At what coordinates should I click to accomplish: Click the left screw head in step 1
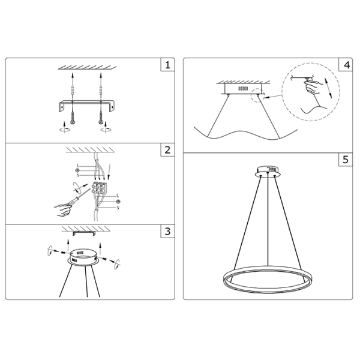(x=72, y=120)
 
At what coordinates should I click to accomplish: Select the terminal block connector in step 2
(x=100, y=191)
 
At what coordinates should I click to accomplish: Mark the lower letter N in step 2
(x=118, y=207)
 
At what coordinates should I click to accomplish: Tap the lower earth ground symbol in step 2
(x=118, y=202)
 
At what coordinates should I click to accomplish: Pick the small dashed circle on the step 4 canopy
(x=260, y=95)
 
